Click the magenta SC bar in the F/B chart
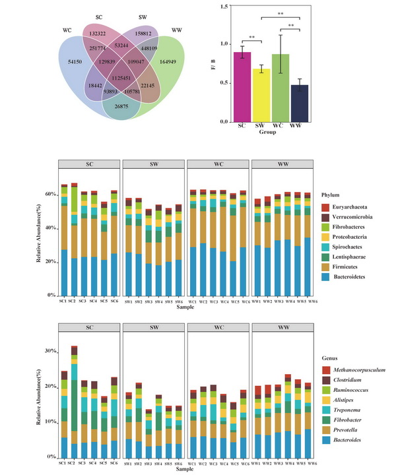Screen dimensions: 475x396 click(x=242, y=86)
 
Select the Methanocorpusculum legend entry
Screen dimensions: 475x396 click(x=345, y=369)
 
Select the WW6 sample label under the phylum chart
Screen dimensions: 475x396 click(x=308, y=300)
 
